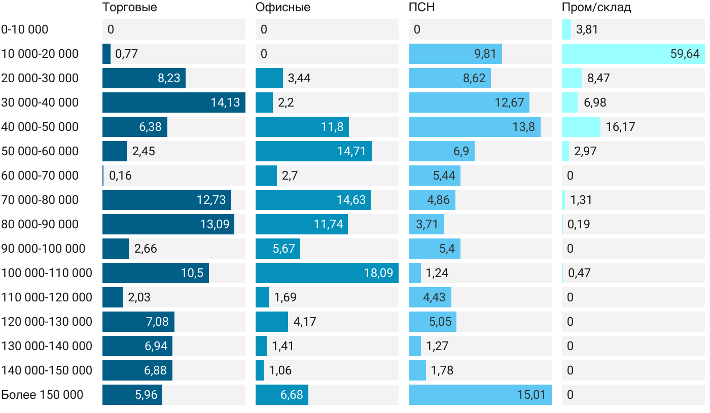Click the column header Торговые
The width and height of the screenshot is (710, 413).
click(129, 7)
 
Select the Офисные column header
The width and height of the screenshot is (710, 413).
click(282, 7)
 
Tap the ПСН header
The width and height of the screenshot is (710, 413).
click(421, 7)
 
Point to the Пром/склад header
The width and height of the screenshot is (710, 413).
click(596, 7)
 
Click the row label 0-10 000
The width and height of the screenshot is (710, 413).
click(25, 29)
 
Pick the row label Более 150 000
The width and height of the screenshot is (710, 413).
click(42, 395)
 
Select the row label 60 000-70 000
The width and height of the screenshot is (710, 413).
click(40, 176)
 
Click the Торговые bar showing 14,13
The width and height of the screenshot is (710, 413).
click(174, 102)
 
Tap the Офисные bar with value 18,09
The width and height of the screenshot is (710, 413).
click(327, 273)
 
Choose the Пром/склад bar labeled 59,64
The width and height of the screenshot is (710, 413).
click(633, 54)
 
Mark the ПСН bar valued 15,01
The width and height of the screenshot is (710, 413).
click(480, 395)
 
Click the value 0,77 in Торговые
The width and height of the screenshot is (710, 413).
click(126, 54)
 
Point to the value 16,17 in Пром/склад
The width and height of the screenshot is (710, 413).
click(620, 127)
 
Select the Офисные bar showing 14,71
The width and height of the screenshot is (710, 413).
click(314, 151)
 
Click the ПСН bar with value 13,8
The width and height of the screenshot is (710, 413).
click(474, 127)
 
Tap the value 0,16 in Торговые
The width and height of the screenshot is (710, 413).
click(120, 176)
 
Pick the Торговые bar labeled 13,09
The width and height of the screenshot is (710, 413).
click(168, 224)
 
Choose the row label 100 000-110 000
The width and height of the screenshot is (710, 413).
click(47, 273)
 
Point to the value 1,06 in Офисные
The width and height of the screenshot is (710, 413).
click(280, 370)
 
